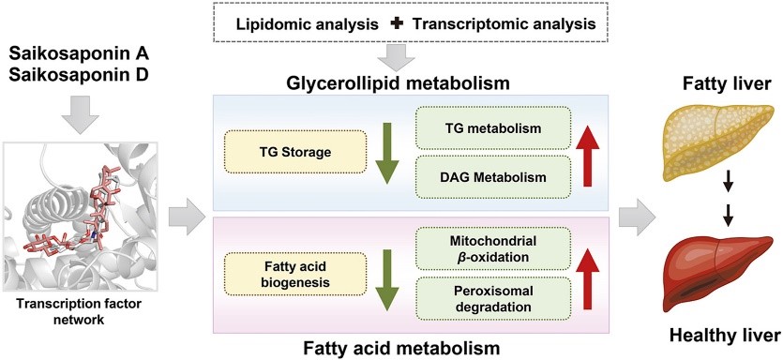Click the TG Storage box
tap(295, 152)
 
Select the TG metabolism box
tap(493, 127)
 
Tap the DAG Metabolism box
tap(493, 177)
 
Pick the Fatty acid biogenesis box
tap(295, 275)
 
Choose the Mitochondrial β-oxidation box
tap(493, 248)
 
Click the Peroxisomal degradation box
tap(493, 298)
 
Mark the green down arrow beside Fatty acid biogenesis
tap(386, 277)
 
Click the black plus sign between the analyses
tap(398, 23)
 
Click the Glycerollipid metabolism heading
tap(398, 82)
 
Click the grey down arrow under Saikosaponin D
tap(78, 114)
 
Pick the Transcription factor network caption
tap(80, 312)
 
